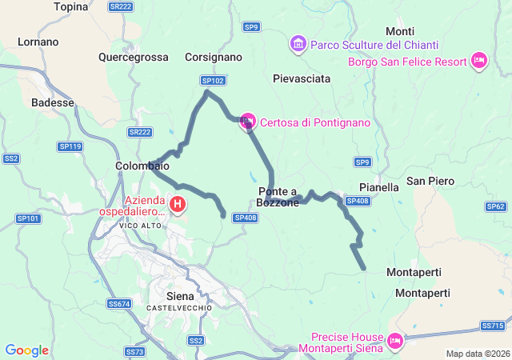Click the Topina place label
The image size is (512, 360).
pos(71,7)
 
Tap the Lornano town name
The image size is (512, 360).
pos(38,42)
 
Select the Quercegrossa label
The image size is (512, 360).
pos(134,58)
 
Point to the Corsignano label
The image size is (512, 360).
pos(213,58)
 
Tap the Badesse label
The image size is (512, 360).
pos(52,102)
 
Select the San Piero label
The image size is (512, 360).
pos(430,181)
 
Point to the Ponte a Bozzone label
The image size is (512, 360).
pos(278,197)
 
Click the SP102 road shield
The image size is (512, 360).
pos(213,81)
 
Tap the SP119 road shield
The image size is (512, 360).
pos(70,146)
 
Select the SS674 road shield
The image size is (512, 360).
pos(118,304)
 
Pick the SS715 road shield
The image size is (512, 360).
pos(492,326)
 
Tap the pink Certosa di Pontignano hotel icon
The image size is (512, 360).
pos(248,122)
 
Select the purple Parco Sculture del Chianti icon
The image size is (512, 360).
pos(298,42)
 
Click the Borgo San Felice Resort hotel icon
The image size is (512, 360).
pos(479,60)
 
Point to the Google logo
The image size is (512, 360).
pos(26,350)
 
